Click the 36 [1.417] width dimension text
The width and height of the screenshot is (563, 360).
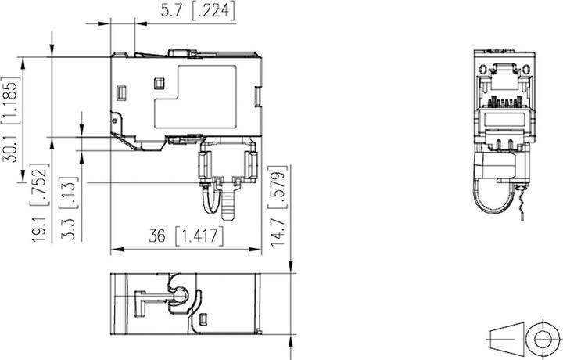coord(185,236)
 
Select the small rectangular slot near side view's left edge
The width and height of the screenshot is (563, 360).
coord(121,94)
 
